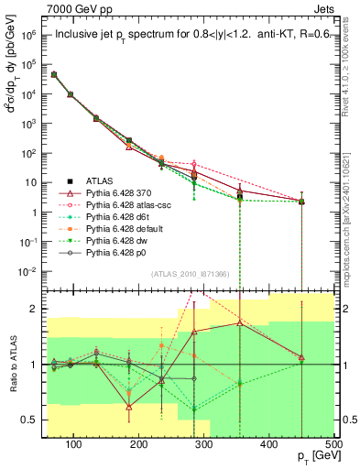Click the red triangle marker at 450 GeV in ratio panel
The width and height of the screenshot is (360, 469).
(301, 357)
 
